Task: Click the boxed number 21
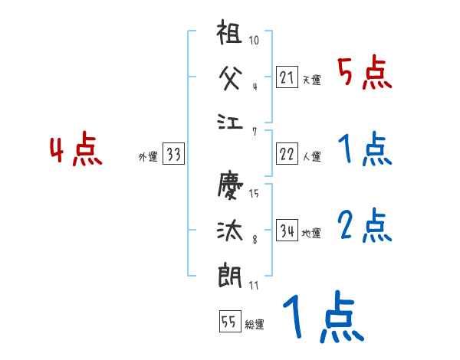point(287,77)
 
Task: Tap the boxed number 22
point(287,154)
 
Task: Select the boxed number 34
point(287,231)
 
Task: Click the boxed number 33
point(173,155)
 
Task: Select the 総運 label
point(255,325)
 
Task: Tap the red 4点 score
point(75,151)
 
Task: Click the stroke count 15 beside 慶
point(254,193)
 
